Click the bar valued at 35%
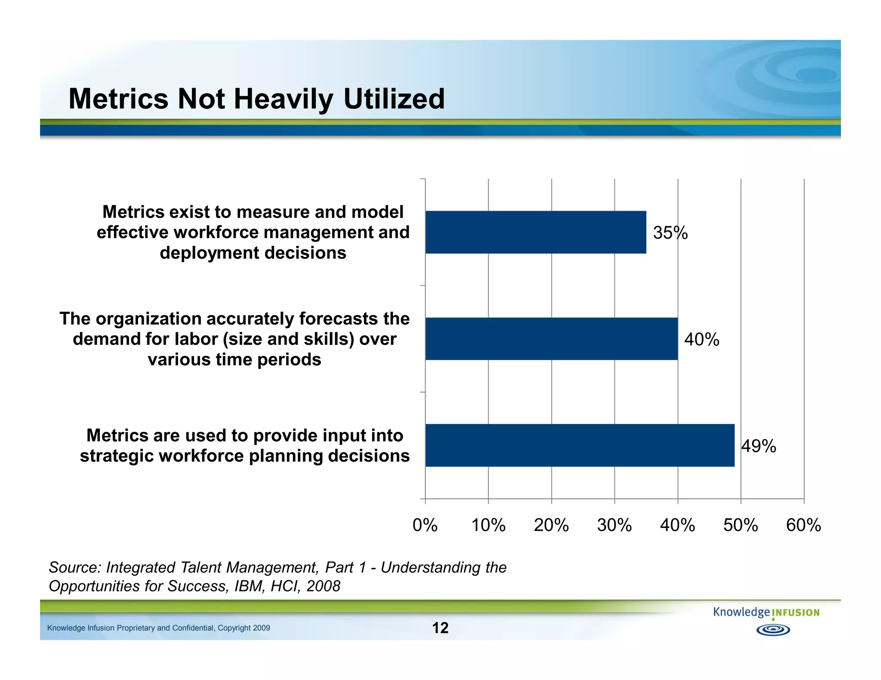pyautogui.click(x=536, y=232)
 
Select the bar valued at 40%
pyautogui.click(x=551, y=339)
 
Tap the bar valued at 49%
pyautogui.click(x=580, y=445)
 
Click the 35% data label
pyautogui.click(x=670, y=233)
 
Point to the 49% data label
pyautogui.click(x=759, y=446)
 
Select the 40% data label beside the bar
pyautogui.click(x=702, y=340)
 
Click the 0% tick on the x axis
pyautogui.click(x=425, y=525)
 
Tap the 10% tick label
pyautogui.click(x=488, y=525)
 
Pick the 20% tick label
pyautogui.click(x=551, y=525)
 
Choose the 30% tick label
pyautogui.click(x=614, y=525)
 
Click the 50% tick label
pyautogui.click(x=740, y=525)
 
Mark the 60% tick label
pyautogui.click(x=804, y=525)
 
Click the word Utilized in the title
pyautogui.click(x=394, y=99)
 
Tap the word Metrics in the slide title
pyautogui.click(x=119, y=99)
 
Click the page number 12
pyautogui.click(x=440, y=628)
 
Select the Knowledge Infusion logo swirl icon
pyautogui.click(x=773, y=630)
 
